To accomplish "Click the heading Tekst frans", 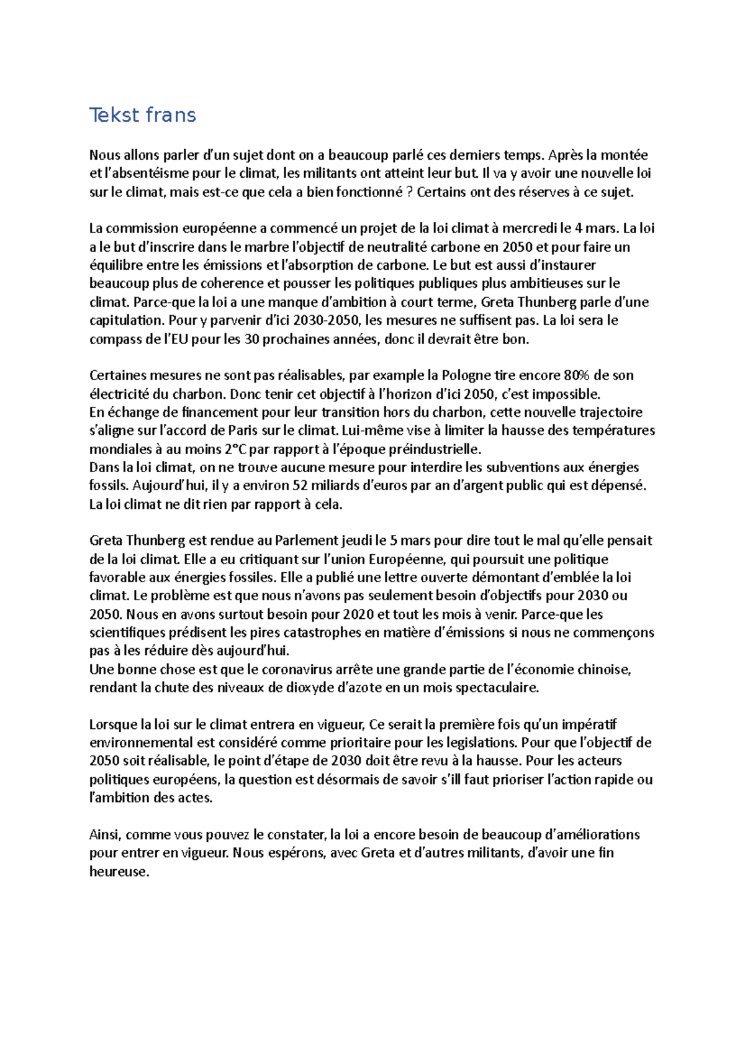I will [143, 115].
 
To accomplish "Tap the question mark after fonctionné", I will [409, 192].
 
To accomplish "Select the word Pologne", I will [466, 375].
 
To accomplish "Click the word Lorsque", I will [114, 724].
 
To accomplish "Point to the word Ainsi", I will [104, 834].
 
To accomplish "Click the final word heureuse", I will [119, 872].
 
